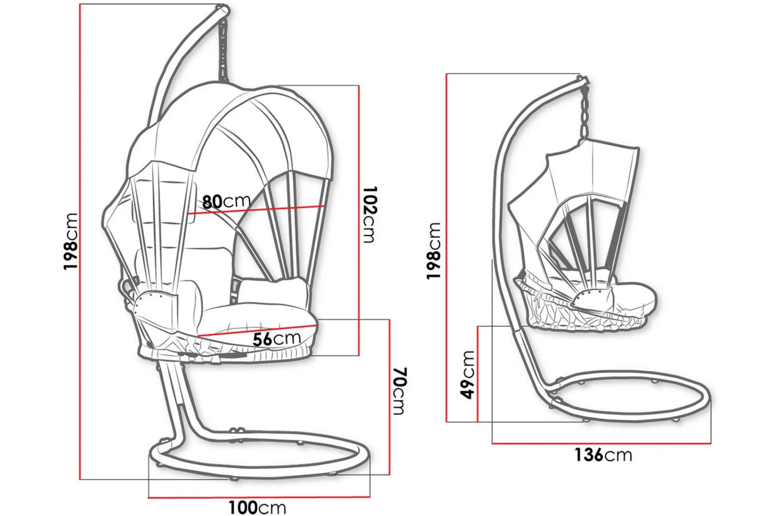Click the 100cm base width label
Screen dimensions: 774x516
[257, 507]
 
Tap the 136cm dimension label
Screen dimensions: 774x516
[603, 455]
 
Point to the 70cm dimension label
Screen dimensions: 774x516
[397, 391]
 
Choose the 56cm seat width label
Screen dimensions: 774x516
[277, 339]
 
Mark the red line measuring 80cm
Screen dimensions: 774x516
[256, 210]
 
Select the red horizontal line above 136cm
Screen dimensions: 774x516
[601, 443]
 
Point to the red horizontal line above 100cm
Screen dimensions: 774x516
[259, 497]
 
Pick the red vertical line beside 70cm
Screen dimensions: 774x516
[389, 397]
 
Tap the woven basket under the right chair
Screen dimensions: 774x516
[585, 312]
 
